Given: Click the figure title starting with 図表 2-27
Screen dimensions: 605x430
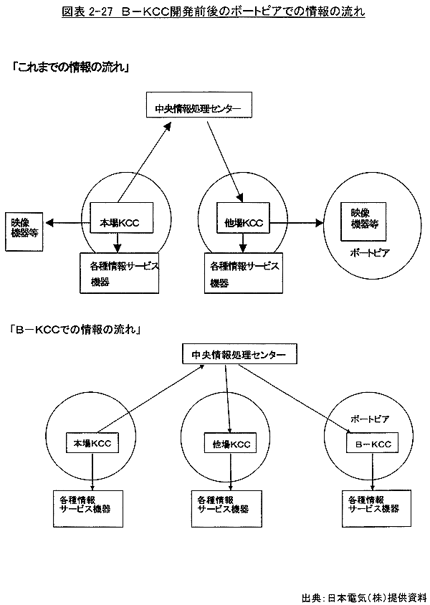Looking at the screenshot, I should point(214,11).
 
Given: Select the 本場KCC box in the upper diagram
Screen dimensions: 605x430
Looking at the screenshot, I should point(125,222).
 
